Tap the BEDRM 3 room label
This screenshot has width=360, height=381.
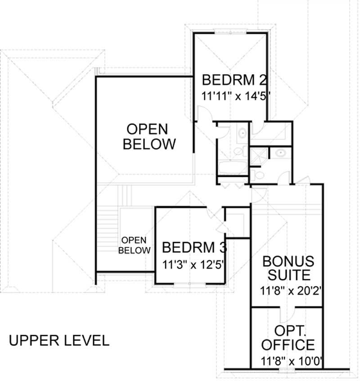pos(194,247)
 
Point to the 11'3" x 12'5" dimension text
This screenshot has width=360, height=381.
pos(194,264)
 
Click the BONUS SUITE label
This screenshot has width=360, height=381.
pos(288,268)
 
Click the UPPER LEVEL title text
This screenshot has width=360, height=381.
pos(59,341)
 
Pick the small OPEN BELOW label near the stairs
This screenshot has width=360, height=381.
pos(135,246)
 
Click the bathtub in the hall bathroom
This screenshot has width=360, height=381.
pos(232,168)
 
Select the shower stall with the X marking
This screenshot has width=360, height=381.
pos(259,156)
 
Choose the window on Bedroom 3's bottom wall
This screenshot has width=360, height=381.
pos(189,284)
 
